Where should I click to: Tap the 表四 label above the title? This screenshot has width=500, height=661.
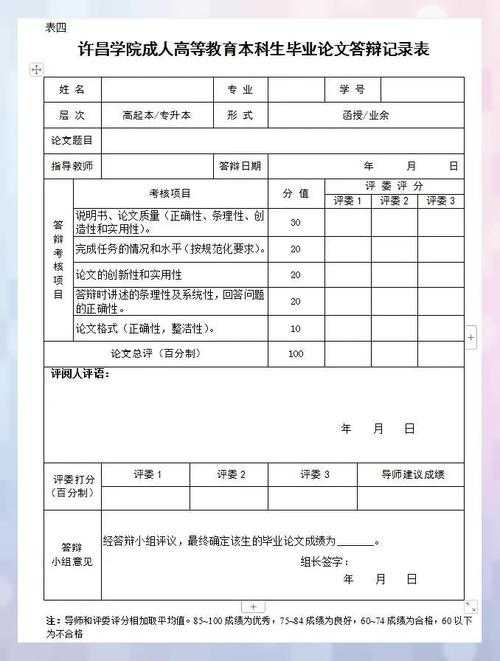tap(55, 27)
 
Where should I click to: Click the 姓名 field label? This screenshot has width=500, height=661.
tap(72, 89)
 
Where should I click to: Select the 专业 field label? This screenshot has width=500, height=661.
tap(240, 89)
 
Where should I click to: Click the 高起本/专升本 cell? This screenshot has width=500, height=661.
tap(156, 115)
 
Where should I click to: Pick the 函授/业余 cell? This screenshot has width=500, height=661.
tap(365, 115)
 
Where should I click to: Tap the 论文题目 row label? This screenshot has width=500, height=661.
tap(72, 141)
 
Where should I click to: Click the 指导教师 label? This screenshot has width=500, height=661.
tap(72, 166)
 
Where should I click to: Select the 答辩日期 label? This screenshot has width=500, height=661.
tap(240, 166)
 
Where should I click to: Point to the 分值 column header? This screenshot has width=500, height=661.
tap(295, 193)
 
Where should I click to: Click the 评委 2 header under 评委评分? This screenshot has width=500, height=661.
tap(392, 201)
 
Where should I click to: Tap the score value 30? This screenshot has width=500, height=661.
tap(295, 222)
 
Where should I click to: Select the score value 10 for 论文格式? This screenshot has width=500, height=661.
tap(295, 328)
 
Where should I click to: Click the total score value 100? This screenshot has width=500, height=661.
tap(295, 354)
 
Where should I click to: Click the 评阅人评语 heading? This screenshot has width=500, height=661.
tap(80, 374)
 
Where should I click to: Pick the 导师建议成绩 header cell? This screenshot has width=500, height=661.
tap(414, 474)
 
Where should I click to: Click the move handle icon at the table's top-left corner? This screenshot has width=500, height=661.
tap(36, 69)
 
